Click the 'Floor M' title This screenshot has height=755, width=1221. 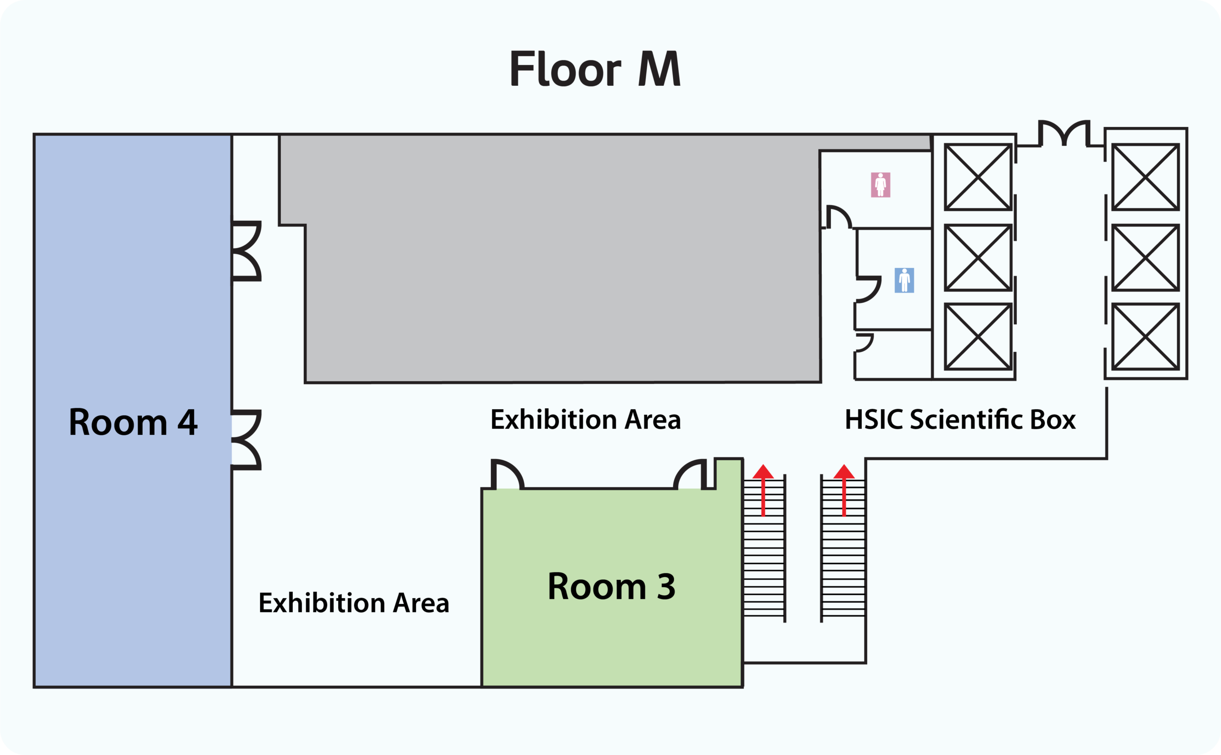point(595,70)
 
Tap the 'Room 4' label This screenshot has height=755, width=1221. point(133,423)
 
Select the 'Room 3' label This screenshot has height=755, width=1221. point(611,586)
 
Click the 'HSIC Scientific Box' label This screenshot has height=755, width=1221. point(960,419)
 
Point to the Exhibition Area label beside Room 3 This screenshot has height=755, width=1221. point(353,603)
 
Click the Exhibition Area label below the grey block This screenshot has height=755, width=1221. point(585,419)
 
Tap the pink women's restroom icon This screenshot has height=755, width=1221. point(880,185)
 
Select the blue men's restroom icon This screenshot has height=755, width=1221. point(904,280)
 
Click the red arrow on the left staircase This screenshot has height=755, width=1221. point(763,489)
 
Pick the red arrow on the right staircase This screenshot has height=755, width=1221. point(844,489)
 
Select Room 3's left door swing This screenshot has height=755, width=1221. point(507,475)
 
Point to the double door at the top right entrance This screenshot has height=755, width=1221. point(1064,134)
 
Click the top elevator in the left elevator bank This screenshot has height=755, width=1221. point(978,177)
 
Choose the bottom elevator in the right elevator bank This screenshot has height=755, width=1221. point(1146,337)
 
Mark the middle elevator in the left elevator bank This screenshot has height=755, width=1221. point(978,258)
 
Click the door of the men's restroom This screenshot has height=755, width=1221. point(868,290)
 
